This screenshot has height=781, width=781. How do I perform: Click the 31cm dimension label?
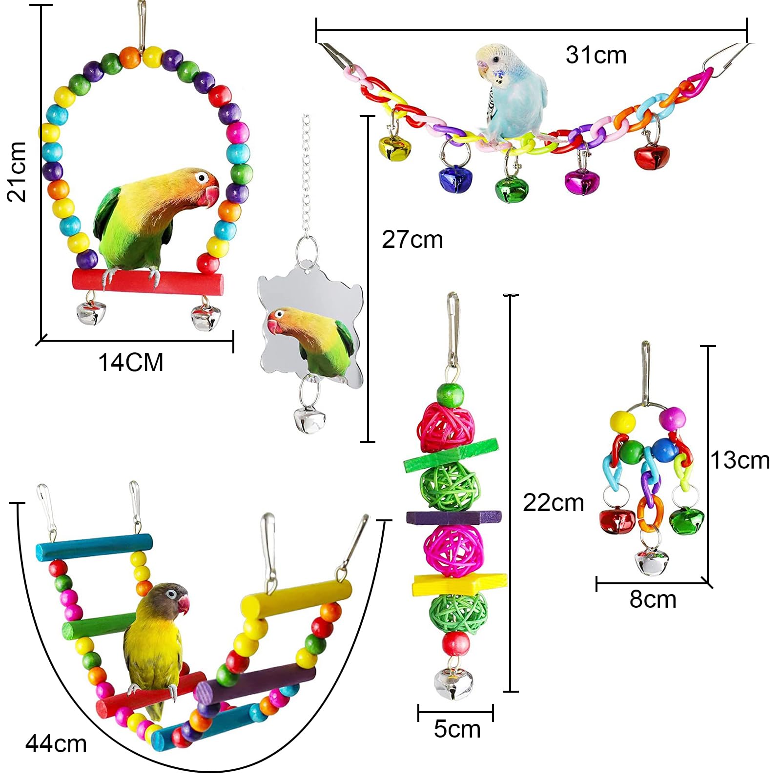pos(596,55)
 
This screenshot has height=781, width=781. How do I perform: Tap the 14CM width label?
pos(130,363)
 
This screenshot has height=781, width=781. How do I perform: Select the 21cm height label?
pos(17,171)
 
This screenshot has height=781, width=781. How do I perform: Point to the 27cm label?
pos(412,240)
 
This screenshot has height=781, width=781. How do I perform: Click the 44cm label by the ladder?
pos(56,744)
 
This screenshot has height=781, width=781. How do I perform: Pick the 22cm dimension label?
pos(553,503)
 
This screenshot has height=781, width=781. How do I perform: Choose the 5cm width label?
pos(457,729)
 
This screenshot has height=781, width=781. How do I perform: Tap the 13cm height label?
pos(740,460)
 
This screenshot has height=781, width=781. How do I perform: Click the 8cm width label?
pos(653,599)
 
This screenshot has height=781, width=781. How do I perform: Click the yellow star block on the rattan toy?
pos(459,584)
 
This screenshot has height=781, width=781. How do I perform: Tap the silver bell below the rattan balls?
pos(453,683)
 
